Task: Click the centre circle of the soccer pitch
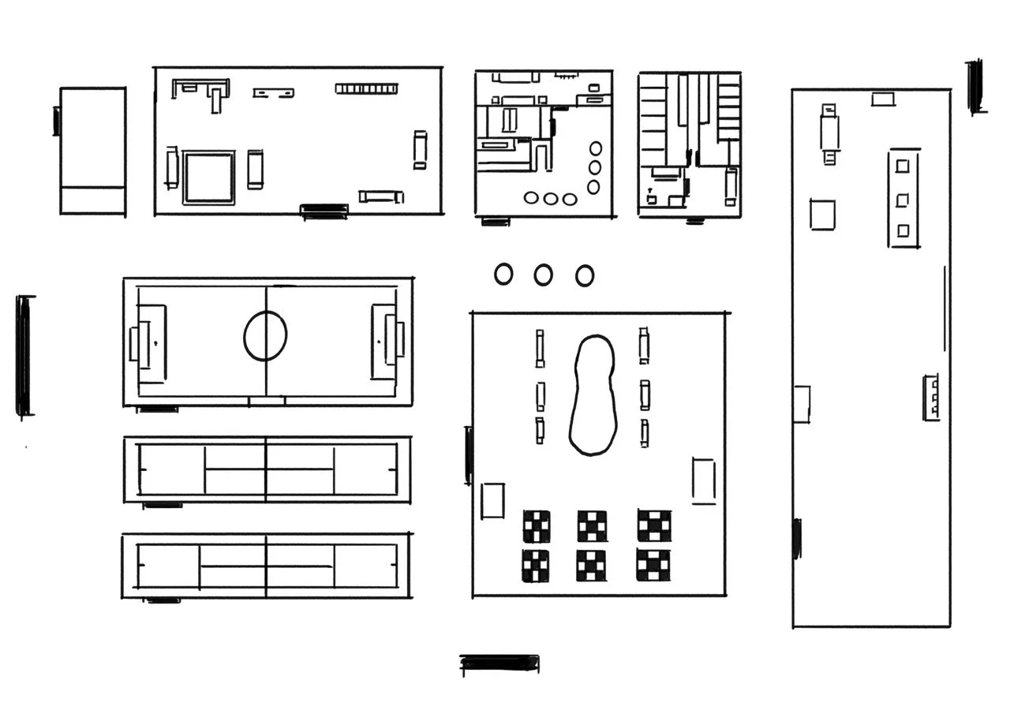pyautogui.click(x=265, y=336)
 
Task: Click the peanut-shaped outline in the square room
pyautogui.click(x=592, y=395)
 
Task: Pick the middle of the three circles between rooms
pyautogui.click(x=543, y=275)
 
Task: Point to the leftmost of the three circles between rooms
pyautogui.click(x=503, y=274)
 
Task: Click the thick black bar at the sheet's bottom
pyautogui.click(x=499, y=664)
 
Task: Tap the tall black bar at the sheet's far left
pyautogui.click(x=24, y=356)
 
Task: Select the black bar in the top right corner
pyautogui.click(x=975, y=86)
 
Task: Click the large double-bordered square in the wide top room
pyautogui.click(x=209, y=178)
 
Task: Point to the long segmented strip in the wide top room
pyautogui.click(x=365, y=88)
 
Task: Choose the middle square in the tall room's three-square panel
pyautogui.click(x=903, y=199)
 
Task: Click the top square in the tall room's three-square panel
pyautogui.click(x=903, y=166)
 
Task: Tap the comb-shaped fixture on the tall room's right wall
pyautogui.click(x=932, y=397)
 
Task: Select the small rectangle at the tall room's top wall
pyautogui.click(x=883, y=99)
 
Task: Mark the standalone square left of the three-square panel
pyautogui.click(x=823, y=214)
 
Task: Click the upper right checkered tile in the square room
pyautogui.click(x=654, y=525)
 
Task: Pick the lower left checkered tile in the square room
pyautogui.click(x=537, y=566)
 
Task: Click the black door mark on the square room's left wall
pyautogui.click(x=469, y=455)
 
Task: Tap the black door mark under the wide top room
pyautogui.click(x=324, y=211)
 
